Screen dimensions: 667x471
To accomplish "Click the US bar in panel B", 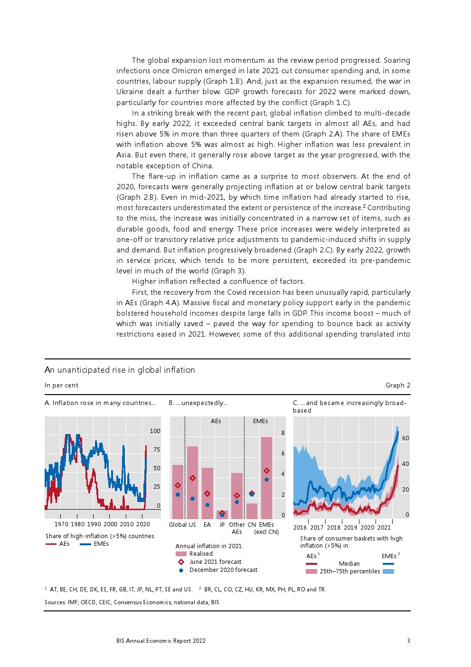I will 192,483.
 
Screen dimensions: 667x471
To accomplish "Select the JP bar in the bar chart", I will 222,515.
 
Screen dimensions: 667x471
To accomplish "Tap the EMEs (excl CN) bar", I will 266,478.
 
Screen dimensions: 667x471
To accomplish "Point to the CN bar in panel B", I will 252,511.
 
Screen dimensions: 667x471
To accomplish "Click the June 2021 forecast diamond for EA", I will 207,493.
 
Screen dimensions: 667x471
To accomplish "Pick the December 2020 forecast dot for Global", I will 178,495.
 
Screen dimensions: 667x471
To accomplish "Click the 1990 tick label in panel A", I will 94,524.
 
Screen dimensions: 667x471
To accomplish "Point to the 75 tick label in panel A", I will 157,450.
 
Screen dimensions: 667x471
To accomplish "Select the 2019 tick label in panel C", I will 350,528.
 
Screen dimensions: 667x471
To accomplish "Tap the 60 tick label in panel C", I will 405,438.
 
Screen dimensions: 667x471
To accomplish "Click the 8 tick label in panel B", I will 283,433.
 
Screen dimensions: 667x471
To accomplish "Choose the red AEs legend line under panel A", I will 51,544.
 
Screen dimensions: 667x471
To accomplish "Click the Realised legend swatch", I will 181,554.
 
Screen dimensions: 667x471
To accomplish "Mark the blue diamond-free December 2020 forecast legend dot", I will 181,570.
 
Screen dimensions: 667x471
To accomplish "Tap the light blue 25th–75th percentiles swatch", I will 388,571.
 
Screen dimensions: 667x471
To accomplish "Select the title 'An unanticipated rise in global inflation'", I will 120,370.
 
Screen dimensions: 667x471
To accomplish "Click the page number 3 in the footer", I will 408,641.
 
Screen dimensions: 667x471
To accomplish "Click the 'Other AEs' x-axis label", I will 237,528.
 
